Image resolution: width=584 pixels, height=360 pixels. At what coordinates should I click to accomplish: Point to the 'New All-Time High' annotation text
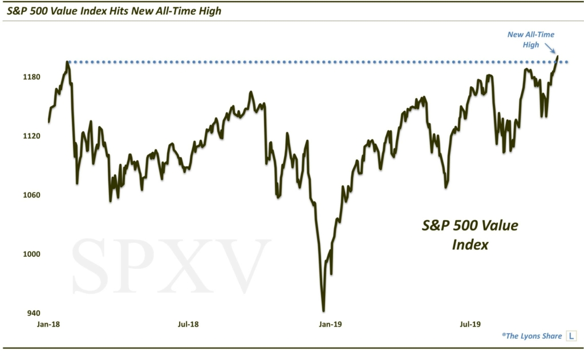530,39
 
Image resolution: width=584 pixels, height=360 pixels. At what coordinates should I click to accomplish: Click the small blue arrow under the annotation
550,50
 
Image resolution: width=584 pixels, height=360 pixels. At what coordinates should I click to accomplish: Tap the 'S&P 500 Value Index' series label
470,234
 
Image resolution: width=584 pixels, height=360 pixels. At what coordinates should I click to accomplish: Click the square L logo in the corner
570,336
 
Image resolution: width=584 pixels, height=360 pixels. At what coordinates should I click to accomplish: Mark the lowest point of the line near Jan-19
323,310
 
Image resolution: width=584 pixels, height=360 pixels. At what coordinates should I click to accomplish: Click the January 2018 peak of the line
67,62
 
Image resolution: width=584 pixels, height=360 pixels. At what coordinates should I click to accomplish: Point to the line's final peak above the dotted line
557,56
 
